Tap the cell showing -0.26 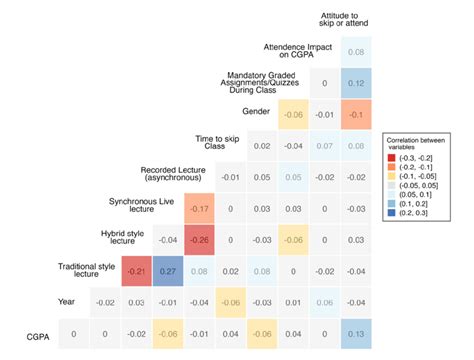(200, 239)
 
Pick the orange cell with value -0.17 (200, 208)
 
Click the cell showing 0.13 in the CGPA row (355, 332)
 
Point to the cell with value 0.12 (355, 84)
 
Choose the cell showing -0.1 (355, 115)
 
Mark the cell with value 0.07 (324, 146)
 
